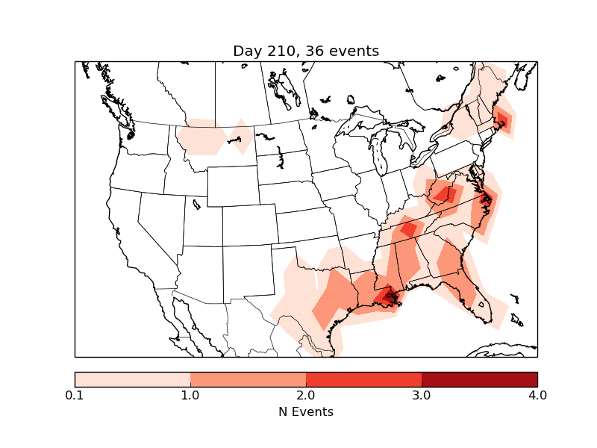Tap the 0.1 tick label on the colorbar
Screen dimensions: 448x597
tap(75, 395)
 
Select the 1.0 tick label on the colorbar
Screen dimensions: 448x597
tap(190, 395)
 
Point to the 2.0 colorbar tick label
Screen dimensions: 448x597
tap(306, 395)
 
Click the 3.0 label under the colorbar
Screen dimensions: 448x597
tap(422, 395)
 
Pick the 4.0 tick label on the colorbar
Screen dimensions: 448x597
tap(537, 395)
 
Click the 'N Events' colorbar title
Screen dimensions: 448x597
tap(306, 411)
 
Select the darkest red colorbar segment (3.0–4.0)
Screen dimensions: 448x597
tap(479, 379)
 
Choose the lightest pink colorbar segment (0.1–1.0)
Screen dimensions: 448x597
tap(132, 379)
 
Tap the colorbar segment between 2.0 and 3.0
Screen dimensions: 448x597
tap(363, 379)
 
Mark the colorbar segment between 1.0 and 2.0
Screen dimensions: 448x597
tap(248, 379)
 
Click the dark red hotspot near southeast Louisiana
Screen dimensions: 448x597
tap(388, 296)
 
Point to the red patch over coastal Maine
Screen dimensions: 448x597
tap(502, 119)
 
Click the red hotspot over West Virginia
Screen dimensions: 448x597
tap(445, 196)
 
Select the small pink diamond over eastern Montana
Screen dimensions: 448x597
tap(241, 137)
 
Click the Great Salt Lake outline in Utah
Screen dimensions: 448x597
tap(196, 203)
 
